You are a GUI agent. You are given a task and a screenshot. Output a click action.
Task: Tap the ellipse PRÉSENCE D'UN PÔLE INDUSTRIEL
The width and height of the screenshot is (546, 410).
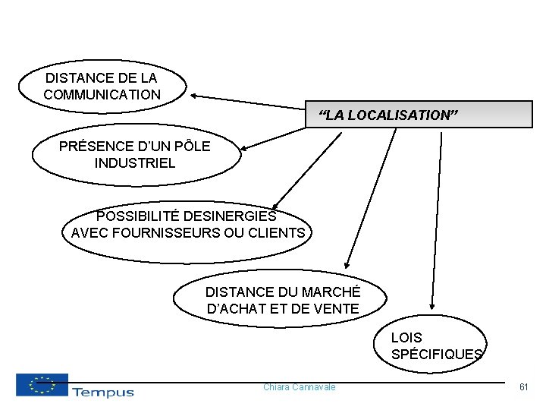[135, 154]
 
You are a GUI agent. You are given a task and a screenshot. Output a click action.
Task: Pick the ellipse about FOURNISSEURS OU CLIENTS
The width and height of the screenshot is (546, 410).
[187, 225]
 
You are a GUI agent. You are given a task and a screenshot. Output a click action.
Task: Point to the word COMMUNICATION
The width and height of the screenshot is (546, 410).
[102, 95]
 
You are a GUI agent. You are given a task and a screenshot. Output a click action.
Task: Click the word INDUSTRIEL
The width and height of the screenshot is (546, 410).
[135, 163]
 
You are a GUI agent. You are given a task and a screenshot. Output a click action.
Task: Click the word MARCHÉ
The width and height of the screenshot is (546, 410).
[331, 292]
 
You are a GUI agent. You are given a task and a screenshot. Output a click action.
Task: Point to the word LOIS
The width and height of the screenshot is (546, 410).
[406, 337]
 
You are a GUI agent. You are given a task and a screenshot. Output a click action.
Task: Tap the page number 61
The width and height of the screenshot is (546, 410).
[523, 387]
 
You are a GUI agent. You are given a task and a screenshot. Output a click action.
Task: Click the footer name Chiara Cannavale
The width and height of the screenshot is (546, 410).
[299, 387]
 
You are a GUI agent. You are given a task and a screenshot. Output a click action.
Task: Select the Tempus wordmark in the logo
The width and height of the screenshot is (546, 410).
[102, 392]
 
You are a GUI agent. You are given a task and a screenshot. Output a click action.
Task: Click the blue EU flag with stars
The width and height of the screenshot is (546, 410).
[42, 384]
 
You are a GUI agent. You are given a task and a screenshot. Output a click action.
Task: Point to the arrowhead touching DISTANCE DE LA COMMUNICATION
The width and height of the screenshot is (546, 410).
[194, 96]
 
